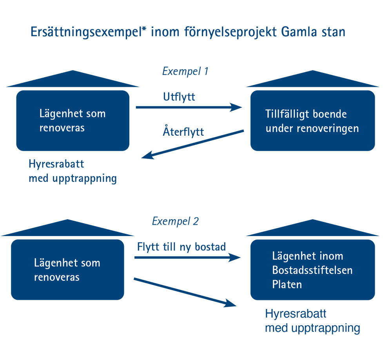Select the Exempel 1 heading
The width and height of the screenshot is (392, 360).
tap(185, 72)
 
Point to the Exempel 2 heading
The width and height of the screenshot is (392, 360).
tap(175, 221)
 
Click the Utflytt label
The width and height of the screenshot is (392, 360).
tap(179, 97)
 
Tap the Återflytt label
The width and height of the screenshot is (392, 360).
tap(183, 131)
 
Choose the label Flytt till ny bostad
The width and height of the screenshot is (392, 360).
tap(181, 247)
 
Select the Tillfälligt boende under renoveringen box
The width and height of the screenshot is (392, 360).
tap(312, 120)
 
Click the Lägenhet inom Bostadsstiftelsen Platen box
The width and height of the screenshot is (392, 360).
tap(312, 269)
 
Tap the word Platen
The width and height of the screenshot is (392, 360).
tap(287, 284)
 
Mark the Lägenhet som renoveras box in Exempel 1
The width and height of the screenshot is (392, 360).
tap(73, 120)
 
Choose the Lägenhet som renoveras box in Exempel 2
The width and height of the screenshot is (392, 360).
tap(67, 269)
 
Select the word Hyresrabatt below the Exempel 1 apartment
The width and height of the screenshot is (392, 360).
tap(56, 164)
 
